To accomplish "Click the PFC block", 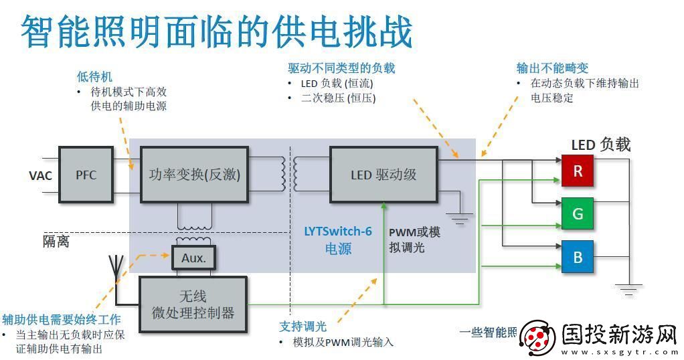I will click(86, 175).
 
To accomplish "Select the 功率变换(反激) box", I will click(193, 175).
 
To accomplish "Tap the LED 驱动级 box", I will click(383, 175).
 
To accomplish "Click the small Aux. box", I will click(193, 258).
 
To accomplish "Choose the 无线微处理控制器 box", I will click(193, 304).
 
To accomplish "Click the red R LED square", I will click(577, 171).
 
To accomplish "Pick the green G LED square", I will click(577, 214).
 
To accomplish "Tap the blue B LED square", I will click(577, 256).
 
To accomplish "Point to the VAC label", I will click(41, 176).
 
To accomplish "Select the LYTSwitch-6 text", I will click(338, 232).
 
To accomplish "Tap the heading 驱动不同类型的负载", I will click(341, 68).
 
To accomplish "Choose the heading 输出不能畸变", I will click(552, 68).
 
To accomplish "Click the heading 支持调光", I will click(303, 327).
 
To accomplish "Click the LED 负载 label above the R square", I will click(600, 145).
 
